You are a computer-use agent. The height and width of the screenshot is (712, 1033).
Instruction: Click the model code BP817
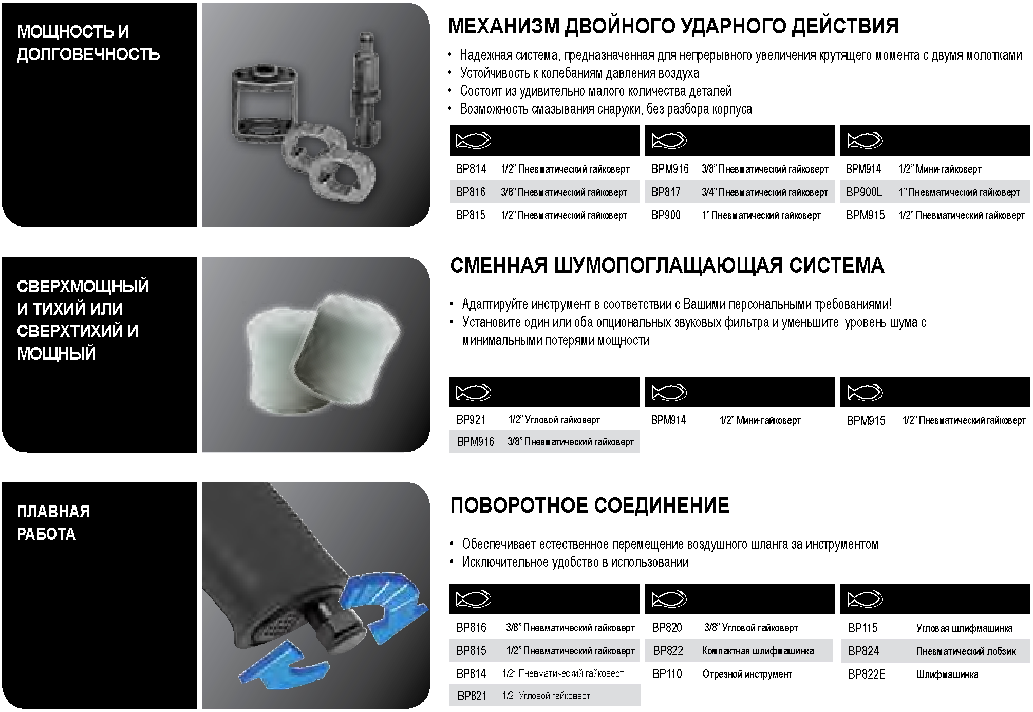pyautogui.click(x=666, y=192)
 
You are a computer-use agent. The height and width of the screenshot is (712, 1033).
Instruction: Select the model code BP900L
pyautogui.click(x=864, y=192)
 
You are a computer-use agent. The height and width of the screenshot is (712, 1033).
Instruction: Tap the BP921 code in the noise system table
pyautogui.click(x=471, y=420)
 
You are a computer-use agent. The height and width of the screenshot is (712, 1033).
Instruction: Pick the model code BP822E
pyautogui.click(x=867, y=674)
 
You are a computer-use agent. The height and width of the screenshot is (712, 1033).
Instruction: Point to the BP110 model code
pyautogui.click(x=667, y=673)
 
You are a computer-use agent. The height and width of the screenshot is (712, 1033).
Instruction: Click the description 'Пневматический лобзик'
pyautogui.click(x=966, y=651)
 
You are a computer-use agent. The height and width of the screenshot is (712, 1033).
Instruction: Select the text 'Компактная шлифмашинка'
pyautogui.click(x=758, y=651)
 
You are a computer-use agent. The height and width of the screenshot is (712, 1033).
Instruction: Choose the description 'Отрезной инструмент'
pyautogui.click(x=747, y=674)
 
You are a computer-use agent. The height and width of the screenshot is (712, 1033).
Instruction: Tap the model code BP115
pyautogui.click(x=863, y=628)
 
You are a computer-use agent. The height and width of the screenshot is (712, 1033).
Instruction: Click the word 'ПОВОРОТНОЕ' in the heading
pyautogui.click(x=519, y=505)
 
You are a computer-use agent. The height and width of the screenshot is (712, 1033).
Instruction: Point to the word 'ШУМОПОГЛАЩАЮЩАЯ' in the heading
pyautogui.click(x=669, y=266)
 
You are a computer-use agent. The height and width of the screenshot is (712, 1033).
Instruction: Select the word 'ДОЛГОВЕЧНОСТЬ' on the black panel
pyautogui.click(x=88, y=54)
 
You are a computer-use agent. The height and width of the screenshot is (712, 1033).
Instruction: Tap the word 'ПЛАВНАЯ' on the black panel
pyautogui.click(x=53, y=511)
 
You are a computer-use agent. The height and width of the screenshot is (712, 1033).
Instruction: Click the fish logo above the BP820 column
pyautogui.click(x=669, y=599)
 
